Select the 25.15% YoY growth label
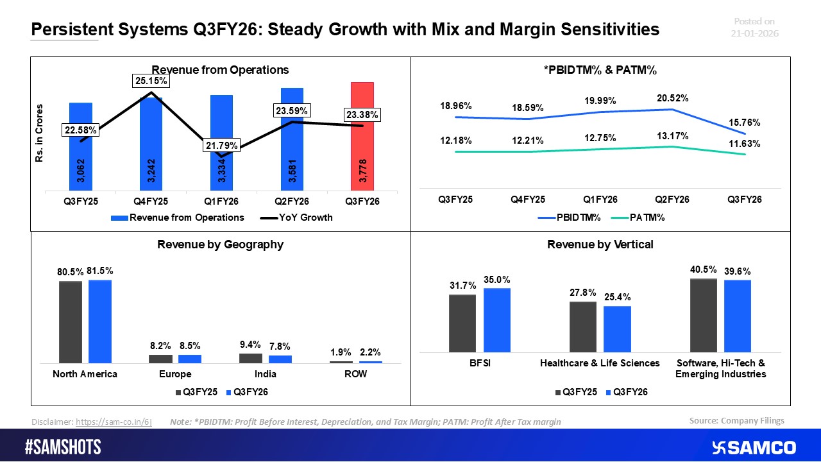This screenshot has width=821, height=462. tap(151, 81)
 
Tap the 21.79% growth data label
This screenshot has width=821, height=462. tap(221, 146)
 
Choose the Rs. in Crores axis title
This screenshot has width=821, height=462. tap(40, 133)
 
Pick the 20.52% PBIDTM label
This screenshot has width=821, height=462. tap(673, 98)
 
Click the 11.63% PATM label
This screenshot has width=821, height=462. tap(745, 144)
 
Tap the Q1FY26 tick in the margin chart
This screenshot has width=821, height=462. tap(601, 200)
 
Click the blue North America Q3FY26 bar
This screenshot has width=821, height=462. tap(100, 321)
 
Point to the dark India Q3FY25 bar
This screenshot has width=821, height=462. tap(251, 358)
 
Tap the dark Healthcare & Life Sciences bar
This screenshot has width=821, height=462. tap(583, 327)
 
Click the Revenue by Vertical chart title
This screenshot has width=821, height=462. tap(600, 244)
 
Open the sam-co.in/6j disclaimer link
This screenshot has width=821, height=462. tap(114, 422)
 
